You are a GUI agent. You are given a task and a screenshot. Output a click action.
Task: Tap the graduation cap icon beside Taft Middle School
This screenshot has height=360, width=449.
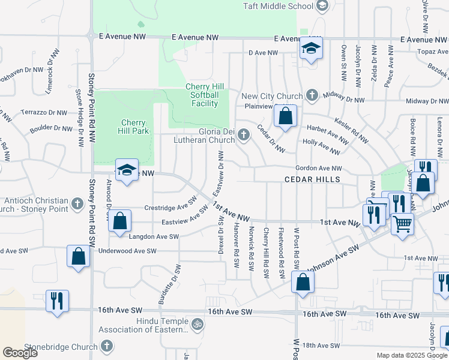click(x=322, y=6)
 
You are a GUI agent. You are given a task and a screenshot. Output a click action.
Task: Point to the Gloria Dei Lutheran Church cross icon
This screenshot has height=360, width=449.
click(x=244, y=134)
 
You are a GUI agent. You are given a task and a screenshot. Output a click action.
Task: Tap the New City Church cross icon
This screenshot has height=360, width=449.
click(x=311, y=95)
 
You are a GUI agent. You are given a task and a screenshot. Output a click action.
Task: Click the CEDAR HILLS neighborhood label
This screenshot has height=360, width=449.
click(x=312, y=179)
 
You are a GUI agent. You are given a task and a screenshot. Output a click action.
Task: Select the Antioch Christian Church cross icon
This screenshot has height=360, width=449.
click(x=77, y=205)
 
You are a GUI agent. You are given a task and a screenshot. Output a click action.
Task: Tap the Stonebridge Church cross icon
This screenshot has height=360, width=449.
click(x=106, y=346)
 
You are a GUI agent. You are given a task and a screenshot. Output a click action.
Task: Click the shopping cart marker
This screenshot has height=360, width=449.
click(x=402, y=224)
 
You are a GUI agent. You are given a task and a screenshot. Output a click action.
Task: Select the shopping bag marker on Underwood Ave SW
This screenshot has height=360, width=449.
click(x=79, y=256)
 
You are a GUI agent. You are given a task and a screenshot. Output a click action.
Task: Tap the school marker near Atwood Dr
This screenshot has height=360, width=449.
click(x=127, y=170)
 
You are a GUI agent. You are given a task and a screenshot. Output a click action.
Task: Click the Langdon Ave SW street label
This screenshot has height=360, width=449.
click(x=154, y=237)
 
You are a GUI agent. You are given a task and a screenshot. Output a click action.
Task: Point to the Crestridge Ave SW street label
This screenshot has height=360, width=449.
click(x=171, y=208)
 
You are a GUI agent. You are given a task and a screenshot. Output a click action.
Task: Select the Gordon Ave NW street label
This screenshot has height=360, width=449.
click(x=318, y=169)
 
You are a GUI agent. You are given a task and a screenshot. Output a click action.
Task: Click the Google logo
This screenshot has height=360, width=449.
click(x=20, y=353)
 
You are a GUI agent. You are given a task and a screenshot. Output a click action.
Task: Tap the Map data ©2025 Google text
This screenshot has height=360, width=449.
click(x=411, y=355)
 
